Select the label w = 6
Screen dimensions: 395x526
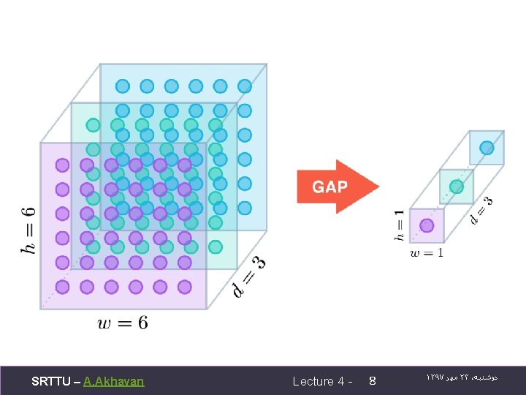123,323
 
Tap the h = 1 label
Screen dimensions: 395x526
399,225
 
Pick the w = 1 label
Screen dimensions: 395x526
427,253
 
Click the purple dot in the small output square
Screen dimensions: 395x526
427,225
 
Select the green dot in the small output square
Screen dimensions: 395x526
457,187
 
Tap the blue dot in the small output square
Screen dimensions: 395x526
487,148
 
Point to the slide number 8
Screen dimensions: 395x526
373,381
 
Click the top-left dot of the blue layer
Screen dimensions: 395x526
123,86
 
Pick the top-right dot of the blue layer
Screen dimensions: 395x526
245,86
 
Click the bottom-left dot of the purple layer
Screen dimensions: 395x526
63,287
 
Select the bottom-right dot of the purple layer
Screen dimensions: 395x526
185,287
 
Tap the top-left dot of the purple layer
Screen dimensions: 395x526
63,165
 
